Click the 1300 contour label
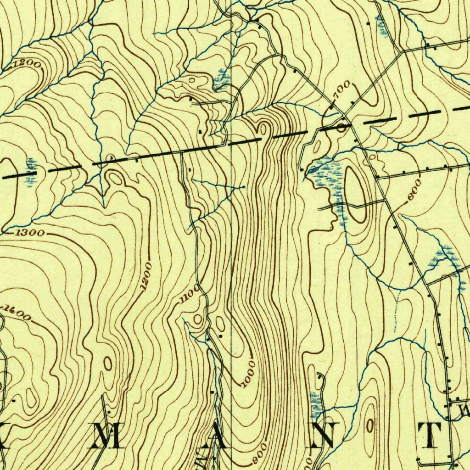(x=30, y=233)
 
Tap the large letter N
(x=326, y=435)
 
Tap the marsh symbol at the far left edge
(x=30, y=172)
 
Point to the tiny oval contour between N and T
(x=370, y=425)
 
